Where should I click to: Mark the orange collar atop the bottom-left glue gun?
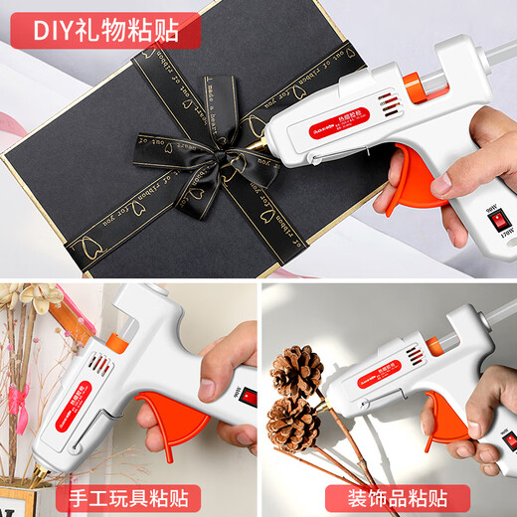point(116,344)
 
